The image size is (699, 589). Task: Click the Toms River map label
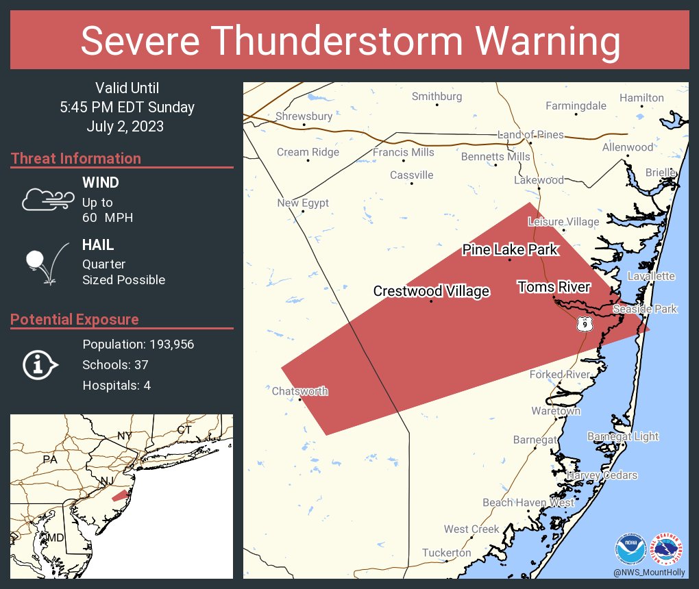click(x=554, y=286)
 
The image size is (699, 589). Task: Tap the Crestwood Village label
click(x=431, y=291)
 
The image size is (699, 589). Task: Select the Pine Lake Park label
click(x=510, y=249)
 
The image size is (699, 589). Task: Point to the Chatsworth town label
click(x=299, y=391)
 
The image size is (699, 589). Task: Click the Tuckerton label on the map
click(x=446, y=552)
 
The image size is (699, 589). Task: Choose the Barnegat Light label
click(x=622, y=436)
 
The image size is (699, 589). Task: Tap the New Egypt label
click(x=303, y=203)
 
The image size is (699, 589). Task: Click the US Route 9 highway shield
click(x=583, y=323)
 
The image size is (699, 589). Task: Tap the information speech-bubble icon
click(x=40, y=365)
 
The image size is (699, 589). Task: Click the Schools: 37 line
click(x=115, y=364)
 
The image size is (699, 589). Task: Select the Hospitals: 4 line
click(x=116, y=385)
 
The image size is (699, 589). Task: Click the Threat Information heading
click(x=76, y=158)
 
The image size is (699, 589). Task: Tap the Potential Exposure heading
click(x=75, y=319)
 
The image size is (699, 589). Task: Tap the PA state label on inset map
click(x=49, y=459)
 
